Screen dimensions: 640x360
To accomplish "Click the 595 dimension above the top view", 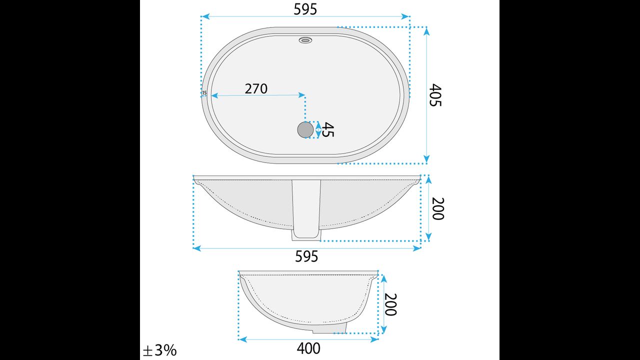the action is pos(305,9).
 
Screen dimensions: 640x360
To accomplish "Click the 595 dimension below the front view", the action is pos(306,256).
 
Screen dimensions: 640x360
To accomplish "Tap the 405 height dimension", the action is pos(435,95).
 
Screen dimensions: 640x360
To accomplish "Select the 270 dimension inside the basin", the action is pos(256,89).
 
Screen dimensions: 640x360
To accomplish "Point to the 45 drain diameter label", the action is pos(328,129).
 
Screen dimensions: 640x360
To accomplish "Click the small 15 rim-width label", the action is pos(204,93).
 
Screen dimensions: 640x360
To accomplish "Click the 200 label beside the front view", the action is pos(438,208).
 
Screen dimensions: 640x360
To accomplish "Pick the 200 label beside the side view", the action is pos(390,304).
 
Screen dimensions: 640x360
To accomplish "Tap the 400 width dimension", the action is pos(308,348).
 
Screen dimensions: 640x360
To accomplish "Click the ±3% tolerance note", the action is pos(159,350).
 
